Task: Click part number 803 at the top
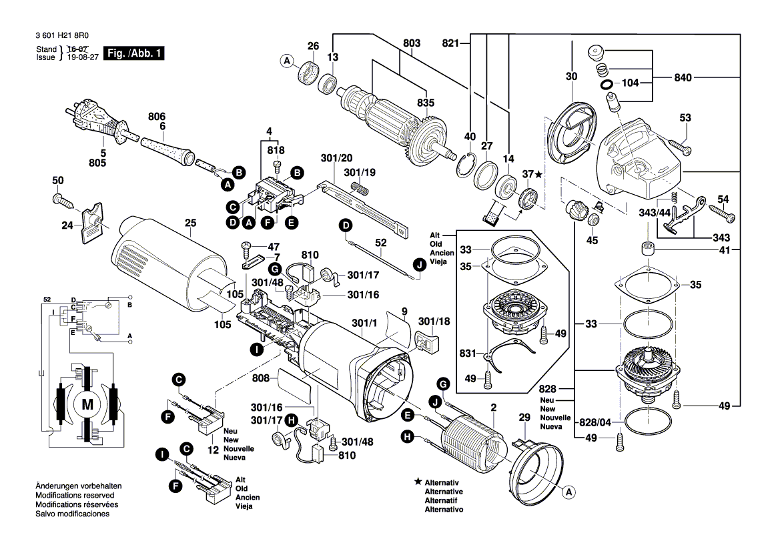click(412, 44)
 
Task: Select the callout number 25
click(191, 223)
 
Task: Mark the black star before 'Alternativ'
click(418, 481)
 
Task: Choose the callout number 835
click(425, 102)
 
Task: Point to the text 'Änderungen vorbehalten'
click(78, 487)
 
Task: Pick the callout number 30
click(571, 77)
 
